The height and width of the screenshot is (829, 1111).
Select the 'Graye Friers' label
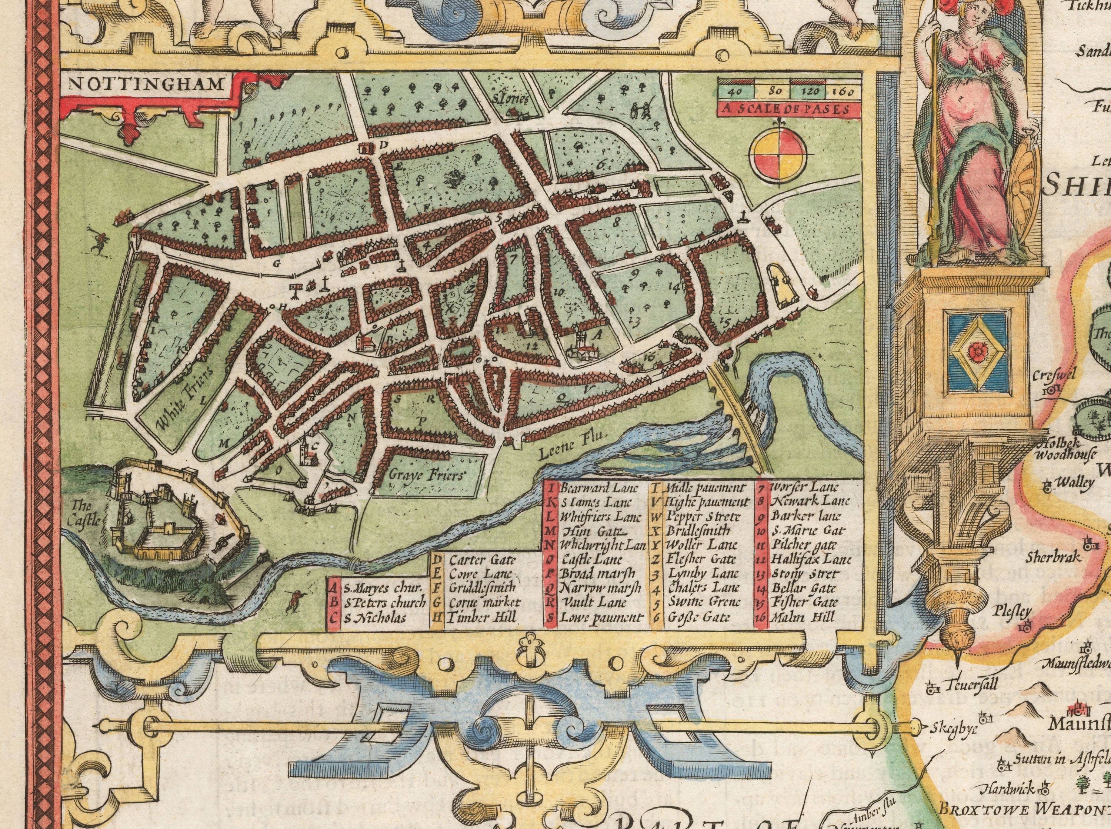tap(428, 474)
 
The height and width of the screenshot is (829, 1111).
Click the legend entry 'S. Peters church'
tap(384, 602)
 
